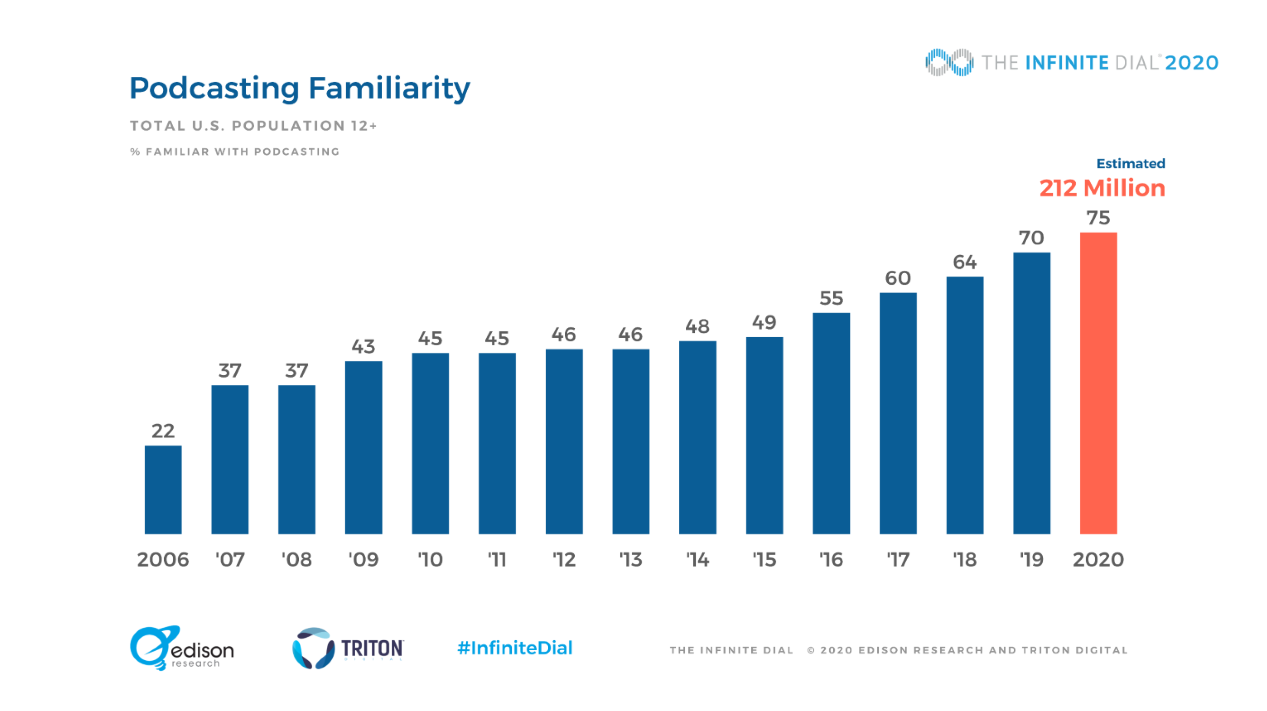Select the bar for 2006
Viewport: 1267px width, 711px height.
[x=163, y=490]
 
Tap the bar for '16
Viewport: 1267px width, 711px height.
[x=831, y=423]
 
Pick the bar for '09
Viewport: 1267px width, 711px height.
[x=363, y=447]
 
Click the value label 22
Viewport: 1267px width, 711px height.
[x=163, y=431]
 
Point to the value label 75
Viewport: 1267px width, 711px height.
[x=1098, y=217]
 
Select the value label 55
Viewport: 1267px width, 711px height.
[x=831, y=298]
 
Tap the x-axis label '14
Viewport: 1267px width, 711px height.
[x=697, y=560]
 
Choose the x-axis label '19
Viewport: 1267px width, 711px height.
[x=1031, y=560]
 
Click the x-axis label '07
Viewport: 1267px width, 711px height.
[x=230, y=560]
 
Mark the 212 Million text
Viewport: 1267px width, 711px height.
[x=1102, y=188]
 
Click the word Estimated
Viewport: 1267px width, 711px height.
[x=1130, y=164]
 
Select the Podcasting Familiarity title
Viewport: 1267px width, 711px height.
[x=300, y=88]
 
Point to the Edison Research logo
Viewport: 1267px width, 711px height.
[x=181, y=648]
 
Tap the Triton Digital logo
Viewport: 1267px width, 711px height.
[x=348, y=648]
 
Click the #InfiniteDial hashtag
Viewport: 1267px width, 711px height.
[x=514, y=648]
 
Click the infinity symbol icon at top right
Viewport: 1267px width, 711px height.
[x=949, y=62]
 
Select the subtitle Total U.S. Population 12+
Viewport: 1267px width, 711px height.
[x=253, y=126]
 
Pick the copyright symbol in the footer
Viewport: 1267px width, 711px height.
[x=811, y=650]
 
